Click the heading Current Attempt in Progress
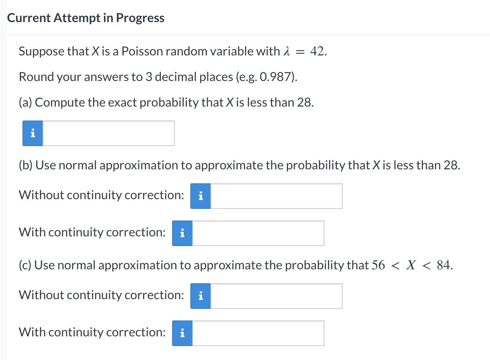pos(86,18)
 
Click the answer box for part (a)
pos(108,133)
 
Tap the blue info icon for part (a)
pos(33,133)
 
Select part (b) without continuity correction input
pos(276,196)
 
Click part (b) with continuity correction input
pos(258,233)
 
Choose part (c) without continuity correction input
pos(276,296)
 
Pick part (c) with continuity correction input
pos(258,333)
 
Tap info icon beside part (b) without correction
pos(200,196)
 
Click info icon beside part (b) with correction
pos(182,233)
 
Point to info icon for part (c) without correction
pos(200,296)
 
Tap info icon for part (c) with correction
pos(182,333)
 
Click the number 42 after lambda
pos(317,51)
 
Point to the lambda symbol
pos(287,51)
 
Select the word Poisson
pos(142,51)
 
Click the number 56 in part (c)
pos(378,265)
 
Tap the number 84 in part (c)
pos(443,265)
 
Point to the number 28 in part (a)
pos(304,103)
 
